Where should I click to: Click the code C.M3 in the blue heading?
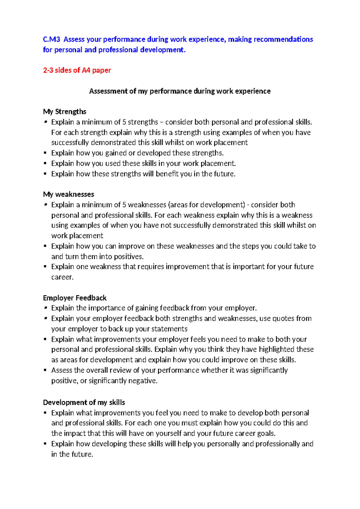coord(51,39)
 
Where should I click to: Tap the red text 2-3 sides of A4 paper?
coord(77,70)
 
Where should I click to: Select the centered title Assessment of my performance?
coord(180,91)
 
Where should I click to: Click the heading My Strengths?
coord(64,112)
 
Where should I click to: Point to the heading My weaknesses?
coord(68,194)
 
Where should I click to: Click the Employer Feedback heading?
coord(75,298)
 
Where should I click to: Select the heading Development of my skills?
coord(84,402)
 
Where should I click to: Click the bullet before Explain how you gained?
coord(45,153)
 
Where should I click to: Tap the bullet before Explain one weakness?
coord(45,267)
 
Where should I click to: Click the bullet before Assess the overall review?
coord(45,370)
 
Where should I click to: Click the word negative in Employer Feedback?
coord(142,381)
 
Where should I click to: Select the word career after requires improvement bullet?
coord(62,277)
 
